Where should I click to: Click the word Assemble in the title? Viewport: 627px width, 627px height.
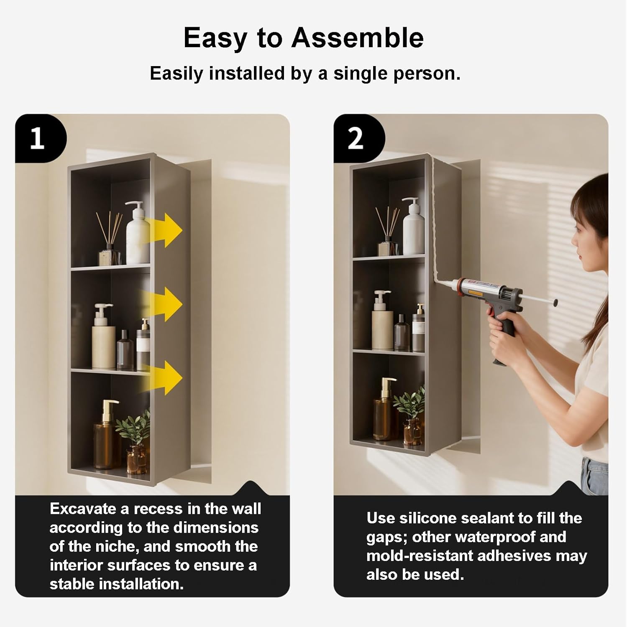coord(358,38)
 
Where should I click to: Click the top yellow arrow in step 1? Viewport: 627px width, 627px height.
coord(164,230)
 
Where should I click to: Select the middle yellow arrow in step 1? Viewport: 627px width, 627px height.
coord(164,304)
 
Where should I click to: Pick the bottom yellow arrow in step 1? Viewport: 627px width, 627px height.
coord(164,377)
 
